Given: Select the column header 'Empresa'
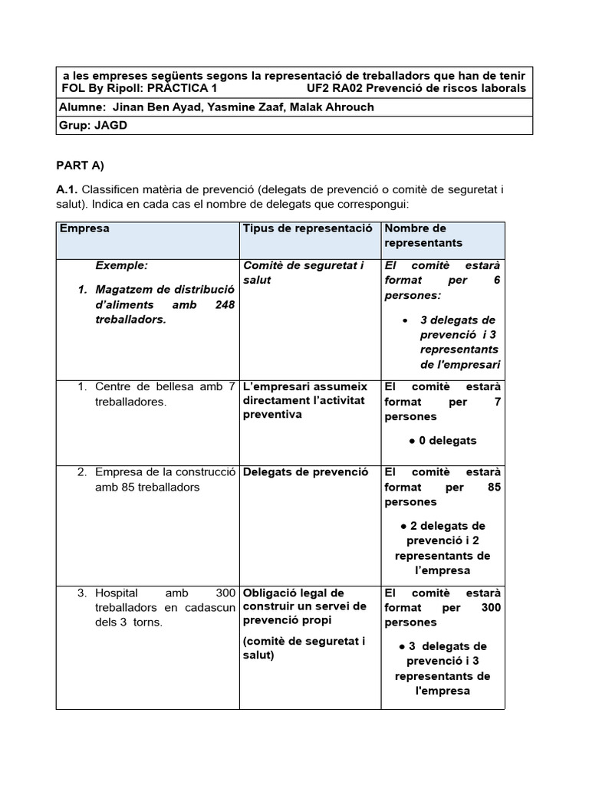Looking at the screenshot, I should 84,228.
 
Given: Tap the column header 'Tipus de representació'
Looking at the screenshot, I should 308,228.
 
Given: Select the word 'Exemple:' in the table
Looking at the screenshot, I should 121,265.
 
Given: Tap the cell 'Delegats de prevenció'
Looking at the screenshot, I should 305,471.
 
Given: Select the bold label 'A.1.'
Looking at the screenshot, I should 67,189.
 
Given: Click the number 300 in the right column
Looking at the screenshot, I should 489,607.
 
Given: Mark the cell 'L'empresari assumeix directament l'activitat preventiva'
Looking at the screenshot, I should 305,400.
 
